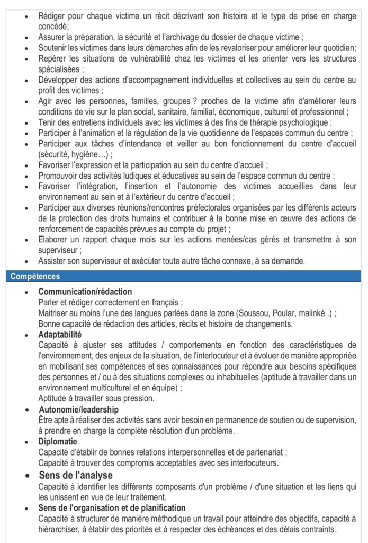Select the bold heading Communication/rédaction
[x=85, y=292]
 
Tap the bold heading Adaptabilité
[x=59, y=335]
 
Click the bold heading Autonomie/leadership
[x=78, y=409]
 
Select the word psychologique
[x=302, y=122]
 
